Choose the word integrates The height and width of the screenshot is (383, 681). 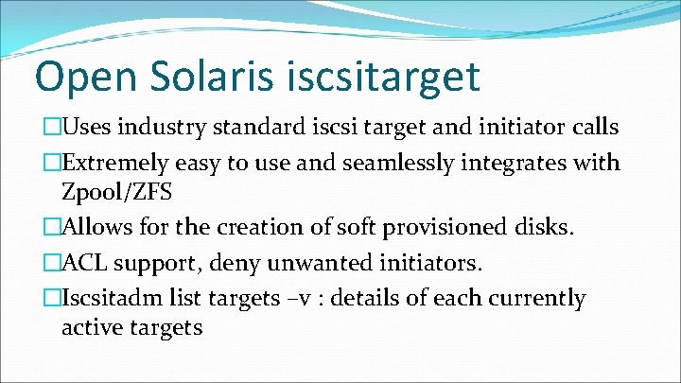coord(520,164)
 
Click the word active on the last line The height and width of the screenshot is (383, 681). coord(91,327)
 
